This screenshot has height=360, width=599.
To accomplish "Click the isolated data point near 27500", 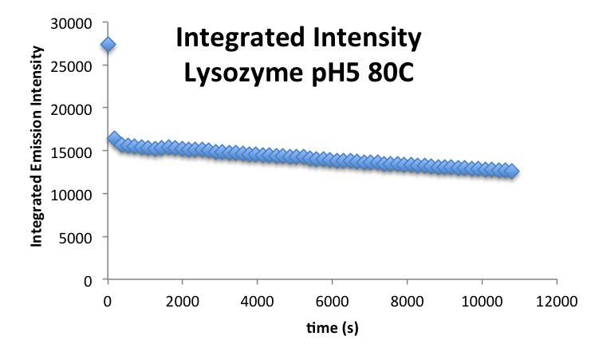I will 108,44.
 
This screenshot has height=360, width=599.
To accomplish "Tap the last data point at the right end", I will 511,172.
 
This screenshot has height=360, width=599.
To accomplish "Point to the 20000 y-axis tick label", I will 77,109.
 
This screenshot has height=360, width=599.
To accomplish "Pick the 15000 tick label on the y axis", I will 77,152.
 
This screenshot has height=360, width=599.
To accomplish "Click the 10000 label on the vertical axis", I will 77,195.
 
